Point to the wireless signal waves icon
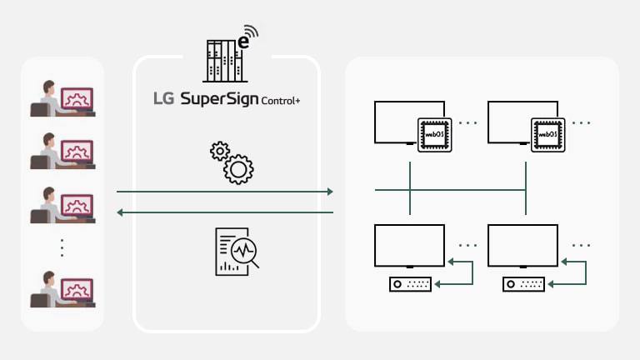point(251,33)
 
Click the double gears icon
point(232,162)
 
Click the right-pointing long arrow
point(225,192)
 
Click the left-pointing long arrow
point(225,213)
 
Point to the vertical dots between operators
point(62,247)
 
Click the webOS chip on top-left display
point(432,132)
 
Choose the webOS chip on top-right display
point(546,132)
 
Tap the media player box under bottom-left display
point(410,285)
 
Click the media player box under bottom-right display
point(523,285)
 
